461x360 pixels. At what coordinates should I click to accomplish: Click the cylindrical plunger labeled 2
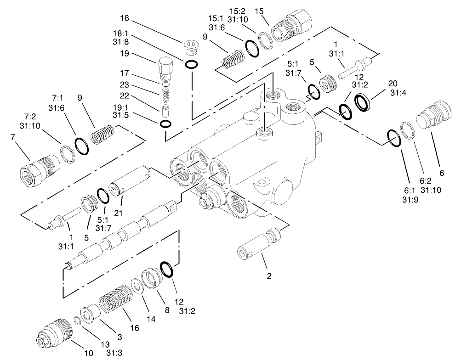click(x=260, y=243)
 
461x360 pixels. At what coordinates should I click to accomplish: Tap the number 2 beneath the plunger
click(x=269, y=276)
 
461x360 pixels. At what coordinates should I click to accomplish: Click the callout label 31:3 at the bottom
click(x=114, y=353)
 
